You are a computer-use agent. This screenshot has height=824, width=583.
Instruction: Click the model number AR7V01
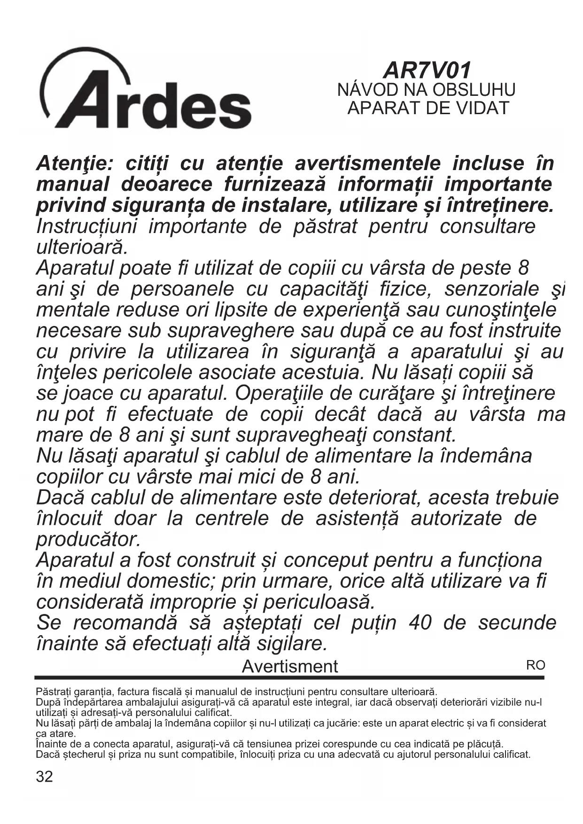pyautogui.click(x=427, y=70)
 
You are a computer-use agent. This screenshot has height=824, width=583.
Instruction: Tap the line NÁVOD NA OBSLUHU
pyautogui.click(x=427, y=90)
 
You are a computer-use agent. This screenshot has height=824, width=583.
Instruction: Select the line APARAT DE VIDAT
pyautogui.click(x=428, y=108)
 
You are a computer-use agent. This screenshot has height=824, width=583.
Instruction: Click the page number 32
pyautogui.click(x=45, y=777)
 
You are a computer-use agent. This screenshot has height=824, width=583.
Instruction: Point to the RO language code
pyautogui.click(x=536, y=665)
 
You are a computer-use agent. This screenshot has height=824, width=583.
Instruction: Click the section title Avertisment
pyautogui.click(x=289, y=666)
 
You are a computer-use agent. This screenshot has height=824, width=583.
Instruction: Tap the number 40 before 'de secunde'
pyautogui.click(x=420, y=623)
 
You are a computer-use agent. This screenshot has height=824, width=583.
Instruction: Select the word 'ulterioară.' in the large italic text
pyautogui.click(x=82, y=247)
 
